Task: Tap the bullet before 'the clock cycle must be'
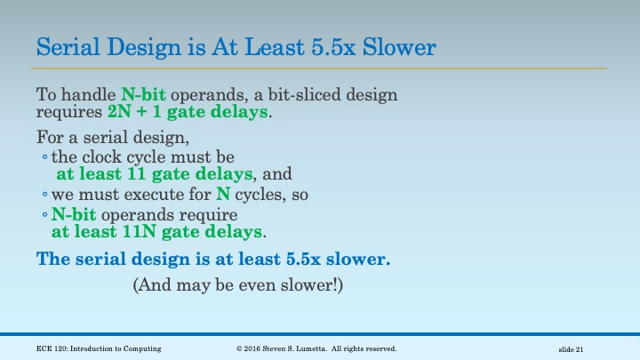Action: pos(44,157)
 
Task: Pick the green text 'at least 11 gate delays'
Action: pos(156,174)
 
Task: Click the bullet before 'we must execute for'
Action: pos(44,194)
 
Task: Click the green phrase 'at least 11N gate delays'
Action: pos(157,232)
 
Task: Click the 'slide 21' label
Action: pos(571,348)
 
